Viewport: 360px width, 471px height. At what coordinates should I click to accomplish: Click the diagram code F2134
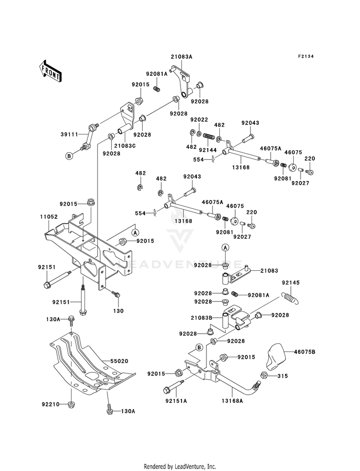coord(306,57)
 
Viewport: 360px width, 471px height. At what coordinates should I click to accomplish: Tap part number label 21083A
coord(181,57)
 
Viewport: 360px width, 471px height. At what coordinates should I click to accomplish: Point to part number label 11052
coord(49,217)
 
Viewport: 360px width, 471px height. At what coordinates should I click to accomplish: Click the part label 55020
coord(120,361)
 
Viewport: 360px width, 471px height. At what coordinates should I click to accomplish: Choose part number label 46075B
coord(304,351)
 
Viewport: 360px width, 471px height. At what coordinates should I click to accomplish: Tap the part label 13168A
coord(232,401)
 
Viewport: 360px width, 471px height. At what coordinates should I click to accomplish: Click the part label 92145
coord(291,283)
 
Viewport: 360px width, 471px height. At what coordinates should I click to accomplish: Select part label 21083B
coord(201,318)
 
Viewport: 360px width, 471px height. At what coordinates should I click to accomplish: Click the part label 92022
coord(199,120)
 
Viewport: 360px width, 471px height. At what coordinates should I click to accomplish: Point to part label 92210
coord(50,404)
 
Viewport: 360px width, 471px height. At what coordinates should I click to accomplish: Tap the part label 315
coord(283,376)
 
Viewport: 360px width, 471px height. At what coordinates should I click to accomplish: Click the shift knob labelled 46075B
coord(276,357)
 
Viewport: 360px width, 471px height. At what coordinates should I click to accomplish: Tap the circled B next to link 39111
coord(69,156)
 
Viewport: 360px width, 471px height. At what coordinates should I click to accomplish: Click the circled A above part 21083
coord(225,247)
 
